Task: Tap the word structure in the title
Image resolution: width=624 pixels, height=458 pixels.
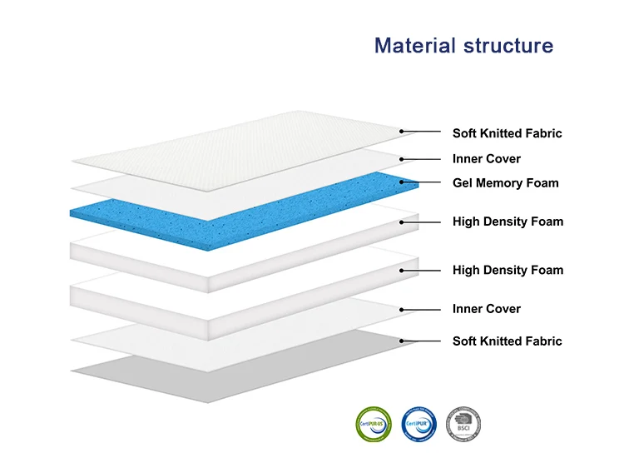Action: coord(508,45)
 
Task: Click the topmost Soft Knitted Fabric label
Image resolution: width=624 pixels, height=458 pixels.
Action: coord(507,133)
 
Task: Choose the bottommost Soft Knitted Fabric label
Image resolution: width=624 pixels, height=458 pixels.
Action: coord(507,341)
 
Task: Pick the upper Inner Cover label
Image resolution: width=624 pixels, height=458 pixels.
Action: coord(486,159)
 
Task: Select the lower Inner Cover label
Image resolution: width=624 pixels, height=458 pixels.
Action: coord(486,309)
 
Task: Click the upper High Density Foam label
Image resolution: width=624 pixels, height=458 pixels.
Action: coord(508,222)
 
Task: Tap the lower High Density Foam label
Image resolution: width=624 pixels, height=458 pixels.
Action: coord(508,270)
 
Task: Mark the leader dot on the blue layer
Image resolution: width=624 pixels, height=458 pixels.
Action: coord(401,182)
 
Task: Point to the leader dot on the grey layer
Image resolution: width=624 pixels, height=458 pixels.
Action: coord(401,341)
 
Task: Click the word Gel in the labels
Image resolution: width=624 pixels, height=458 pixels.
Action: coord(463,183)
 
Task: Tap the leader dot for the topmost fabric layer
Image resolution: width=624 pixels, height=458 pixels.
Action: coord(401,131)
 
